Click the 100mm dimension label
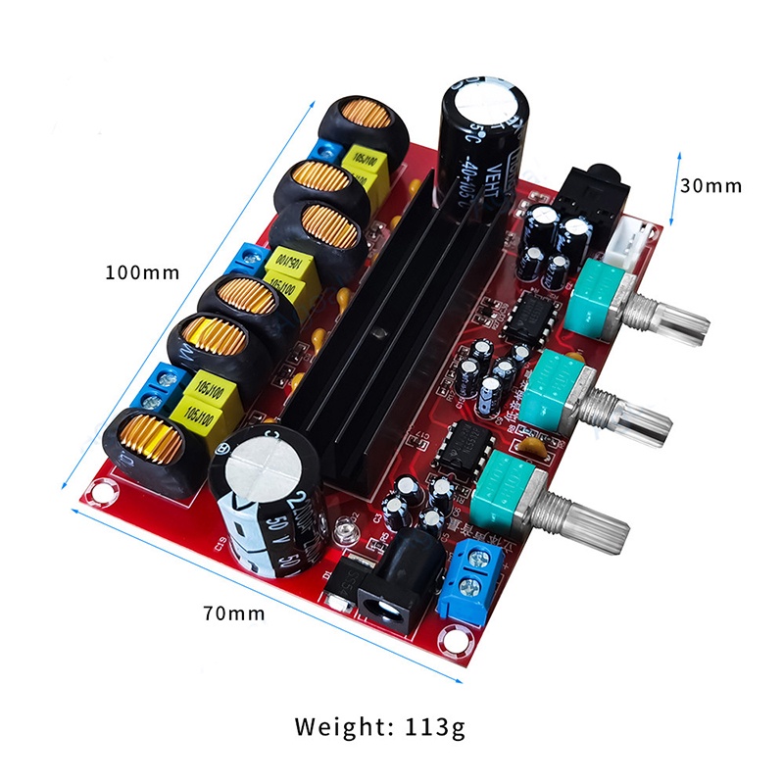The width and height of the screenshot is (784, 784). pos(142,271)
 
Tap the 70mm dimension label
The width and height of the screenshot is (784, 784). pos(234,613)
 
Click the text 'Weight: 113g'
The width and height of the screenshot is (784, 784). pos(380,726)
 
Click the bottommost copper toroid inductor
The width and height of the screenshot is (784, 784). pos(152,450)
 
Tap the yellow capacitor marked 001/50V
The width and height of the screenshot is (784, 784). pos(290,265)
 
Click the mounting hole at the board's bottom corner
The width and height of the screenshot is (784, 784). pos(453,642)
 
